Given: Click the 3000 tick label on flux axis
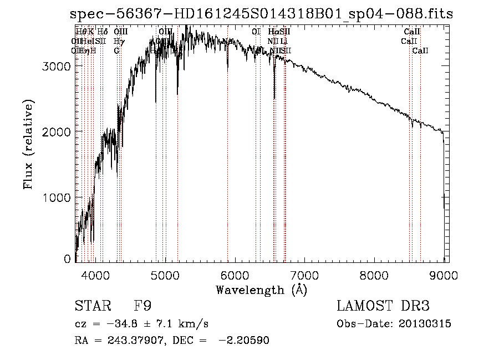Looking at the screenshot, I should click(56, 66).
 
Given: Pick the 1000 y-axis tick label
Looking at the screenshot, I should click(56, 197).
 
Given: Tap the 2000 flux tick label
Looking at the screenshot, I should click(56, 131).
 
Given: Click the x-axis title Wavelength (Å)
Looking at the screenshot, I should click(261, 289).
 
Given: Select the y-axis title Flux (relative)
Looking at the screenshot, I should click(28, 145).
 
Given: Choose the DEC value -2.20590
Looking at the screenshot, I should click(245, 340).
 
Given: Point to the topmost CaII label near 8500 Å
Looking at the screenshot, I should click(412, 32).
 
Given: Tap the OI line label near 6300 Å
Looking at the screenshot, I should click(256, 32).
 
